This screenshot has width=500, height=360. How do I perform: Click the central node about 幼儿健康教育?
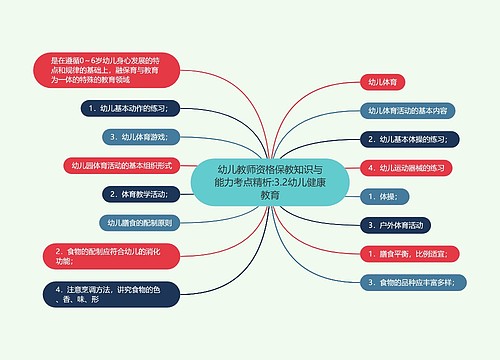coord(270,181)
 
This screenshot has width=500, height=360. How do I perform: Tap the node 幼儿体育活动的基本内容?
coord(409,110)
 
